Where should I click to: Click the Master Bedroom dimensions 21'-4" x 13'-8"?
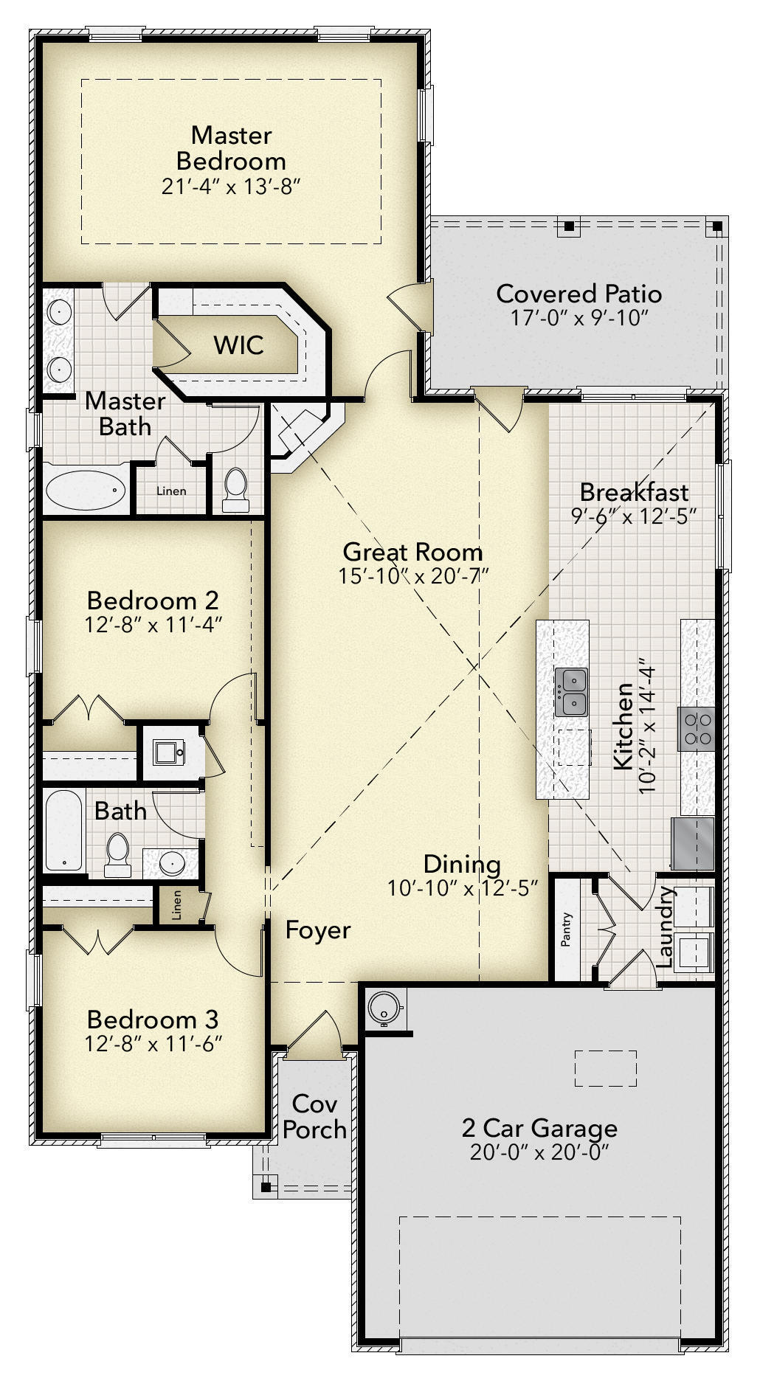(x=232, y=187)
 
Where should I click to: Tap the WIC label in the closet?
(x=238, y=345)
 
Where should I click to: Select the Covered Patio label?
(x=578, y=294)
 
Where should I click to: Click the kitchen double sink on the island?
(x=571, y=692)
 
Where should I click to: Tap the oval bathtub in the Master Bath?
(x=86, y=489)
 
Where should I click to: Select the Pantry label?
(x=567, y=930)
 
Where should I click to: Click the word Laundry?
(x=665, y=927)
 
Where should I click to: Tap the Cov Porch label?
(x=315, y=1116)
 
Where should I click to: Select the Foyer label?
(x=318, y=930)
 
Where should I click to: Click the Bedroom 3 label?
(x=153, y=1020)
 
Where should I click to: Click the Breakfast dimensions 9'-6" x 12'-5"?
(x=634, y=516)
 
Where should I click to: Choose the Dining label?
(x=462, y=864)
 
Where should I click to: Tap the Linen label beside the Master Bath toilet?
(x=170, y=491)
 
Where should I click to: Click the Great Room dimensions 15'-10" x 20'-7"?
(x=414, y=575)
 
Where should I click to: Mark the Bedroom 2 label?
(x=153, y=599)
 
